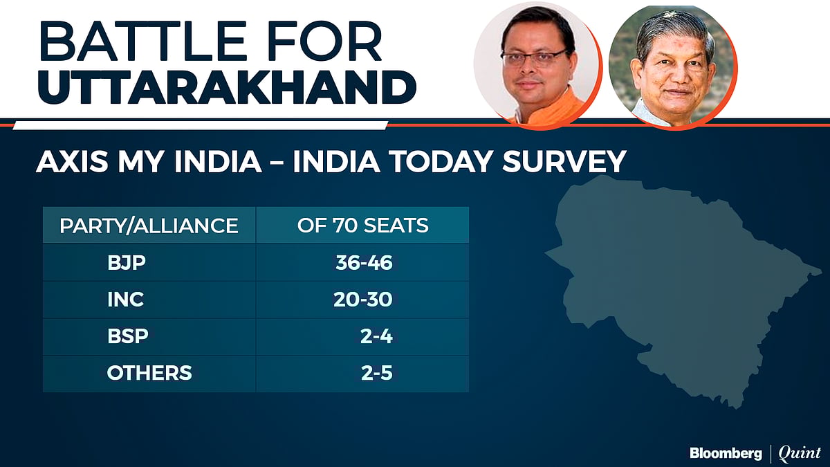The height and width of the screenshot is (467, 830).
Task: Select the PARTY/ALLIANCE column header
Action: tap(149, 226)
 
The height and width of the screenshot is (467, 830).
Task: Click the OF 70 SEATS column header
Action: tap(362, 226)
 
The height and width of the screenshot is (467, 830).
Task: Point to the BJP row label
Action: tap(123, 263)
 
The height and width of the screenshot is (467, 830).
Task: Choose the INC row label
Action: tap(125, 300)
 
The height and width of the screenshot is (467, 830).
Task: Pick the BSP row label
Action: tap(127, 337)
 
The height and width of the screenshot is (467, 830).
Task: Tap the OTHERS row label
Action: tap(149, 374)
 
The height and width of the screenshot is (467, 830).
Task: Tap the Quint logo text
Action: tap(799, 453)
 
